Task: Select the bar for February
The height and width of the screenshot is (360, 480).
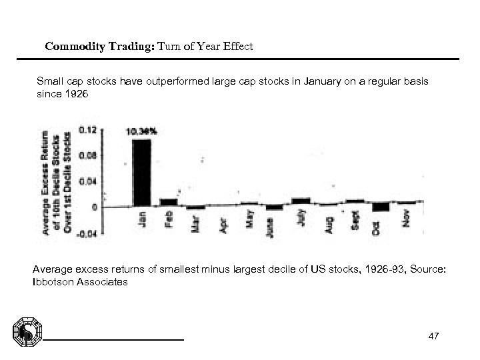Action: click(x=169, y=201)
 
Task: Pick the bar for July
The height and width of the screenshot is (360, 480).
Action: click(x=301, y=201)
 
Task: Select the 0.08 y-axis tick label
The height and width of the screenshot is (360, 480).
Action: click(x=88, y=155)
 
